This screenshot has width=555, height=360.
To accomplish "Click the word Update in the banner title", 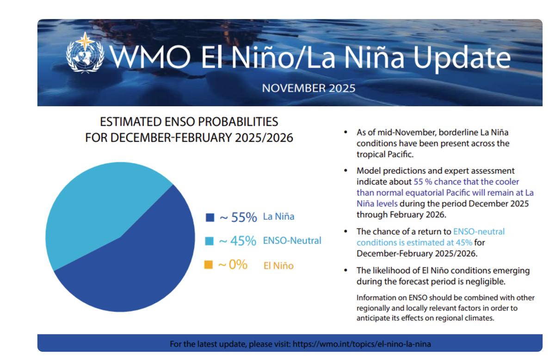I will point(462,58).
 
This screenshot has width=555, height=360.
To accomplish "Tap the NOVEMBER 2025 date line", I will point(308,88).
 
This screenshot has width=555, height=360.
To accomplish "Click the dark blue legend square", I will point(210,217).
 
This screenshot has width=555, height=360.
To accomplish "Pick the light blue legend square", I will point(210,241).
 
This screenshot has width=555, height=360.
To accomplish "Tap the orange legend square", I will point(209,265).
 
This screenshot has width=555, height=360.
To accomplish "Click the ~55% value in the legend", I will point(238,217).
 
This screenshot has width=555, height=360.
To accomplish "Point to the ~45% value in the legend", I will point(237,241).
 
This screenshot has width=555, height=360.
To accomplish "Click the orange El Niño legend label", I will point(278,266).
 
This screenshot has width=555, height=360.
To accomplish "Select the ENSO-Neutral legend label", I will point(292,241).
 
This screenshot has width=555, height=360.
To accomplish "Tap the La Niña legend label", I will point(278,217).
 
